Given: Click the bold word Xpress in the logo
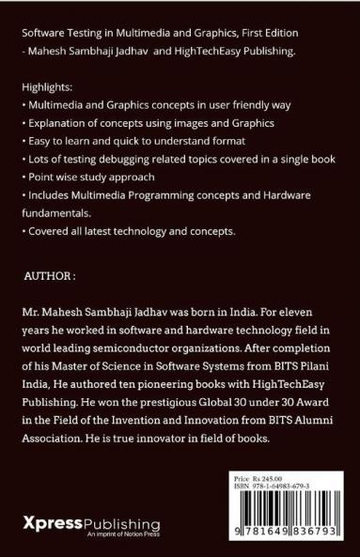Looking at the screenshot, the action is coord(53,519).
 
